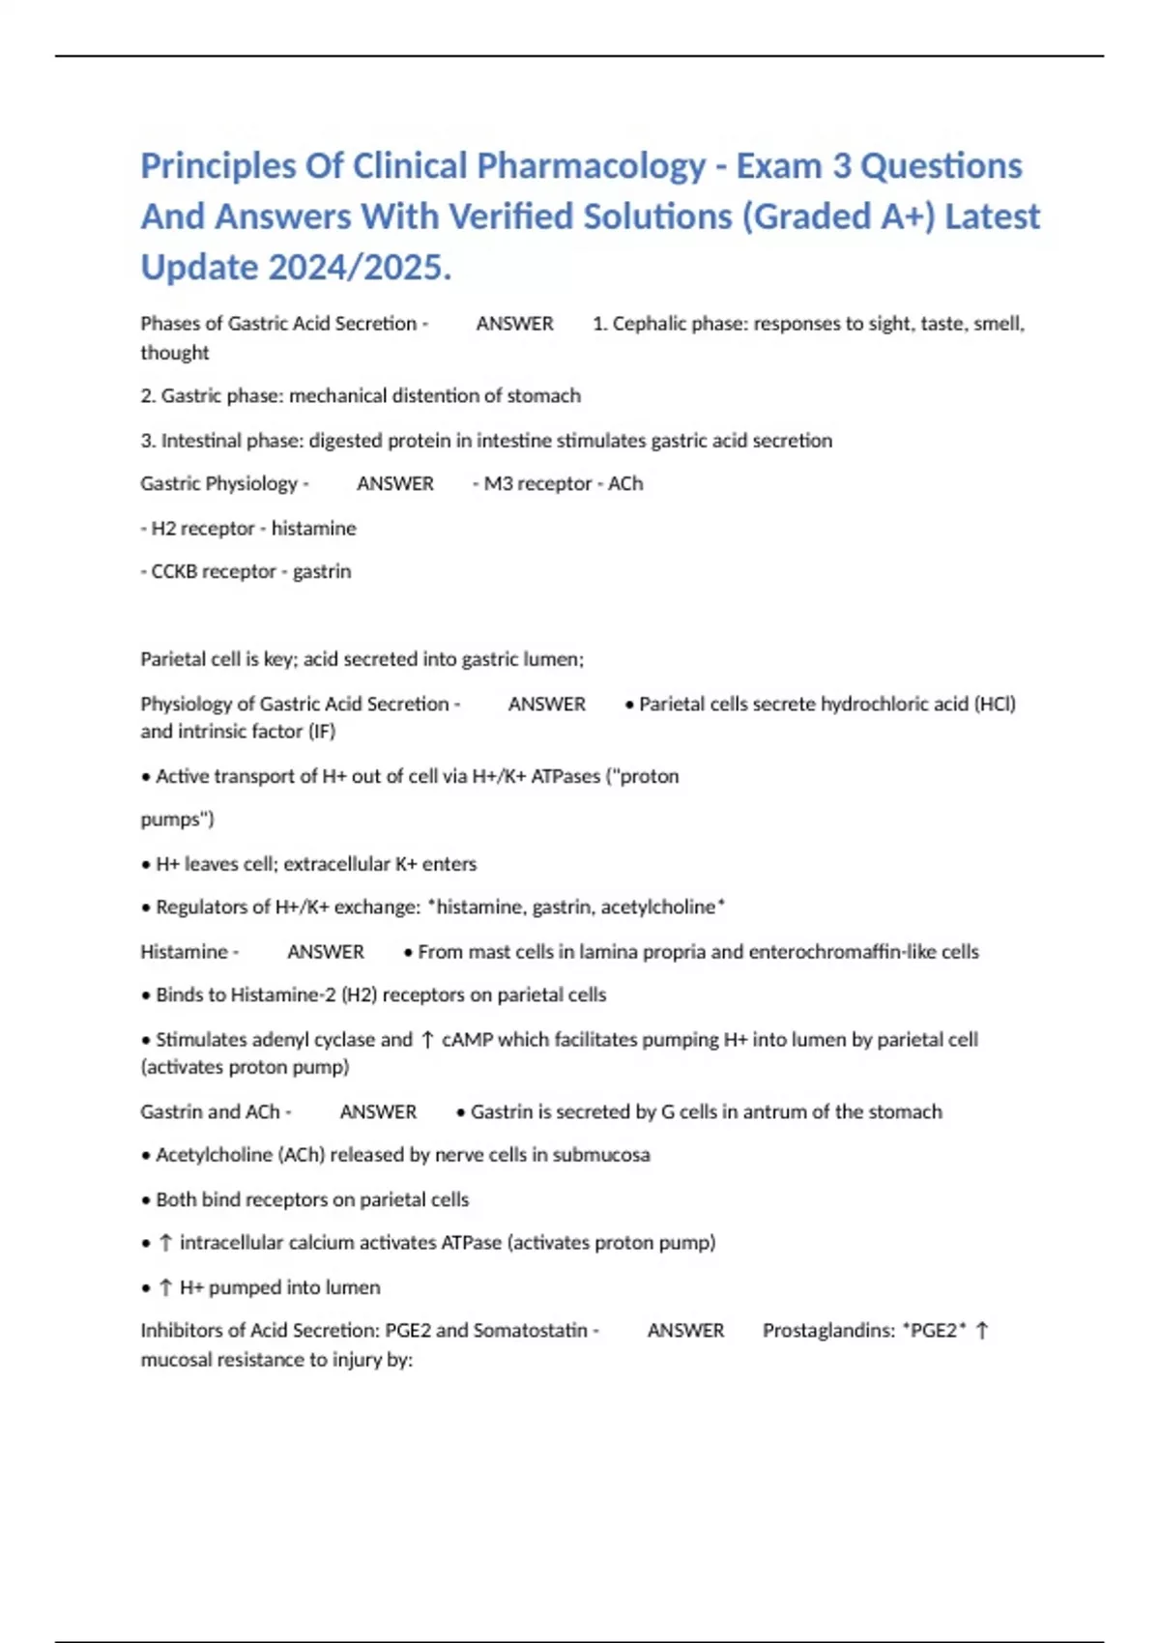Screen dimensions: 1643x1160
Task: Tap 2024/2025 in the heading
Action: [360, 268]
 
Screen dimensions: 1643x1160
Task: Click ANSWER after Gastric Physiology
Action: [395, 483]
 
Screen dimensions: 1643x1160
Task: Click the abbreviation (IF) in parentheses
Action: [321, 732]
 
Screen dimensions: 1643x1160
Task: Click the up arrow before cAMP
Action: [427, 1040]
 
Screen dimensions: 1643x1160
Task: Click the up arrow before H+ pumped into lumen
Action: [165, 1287]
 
